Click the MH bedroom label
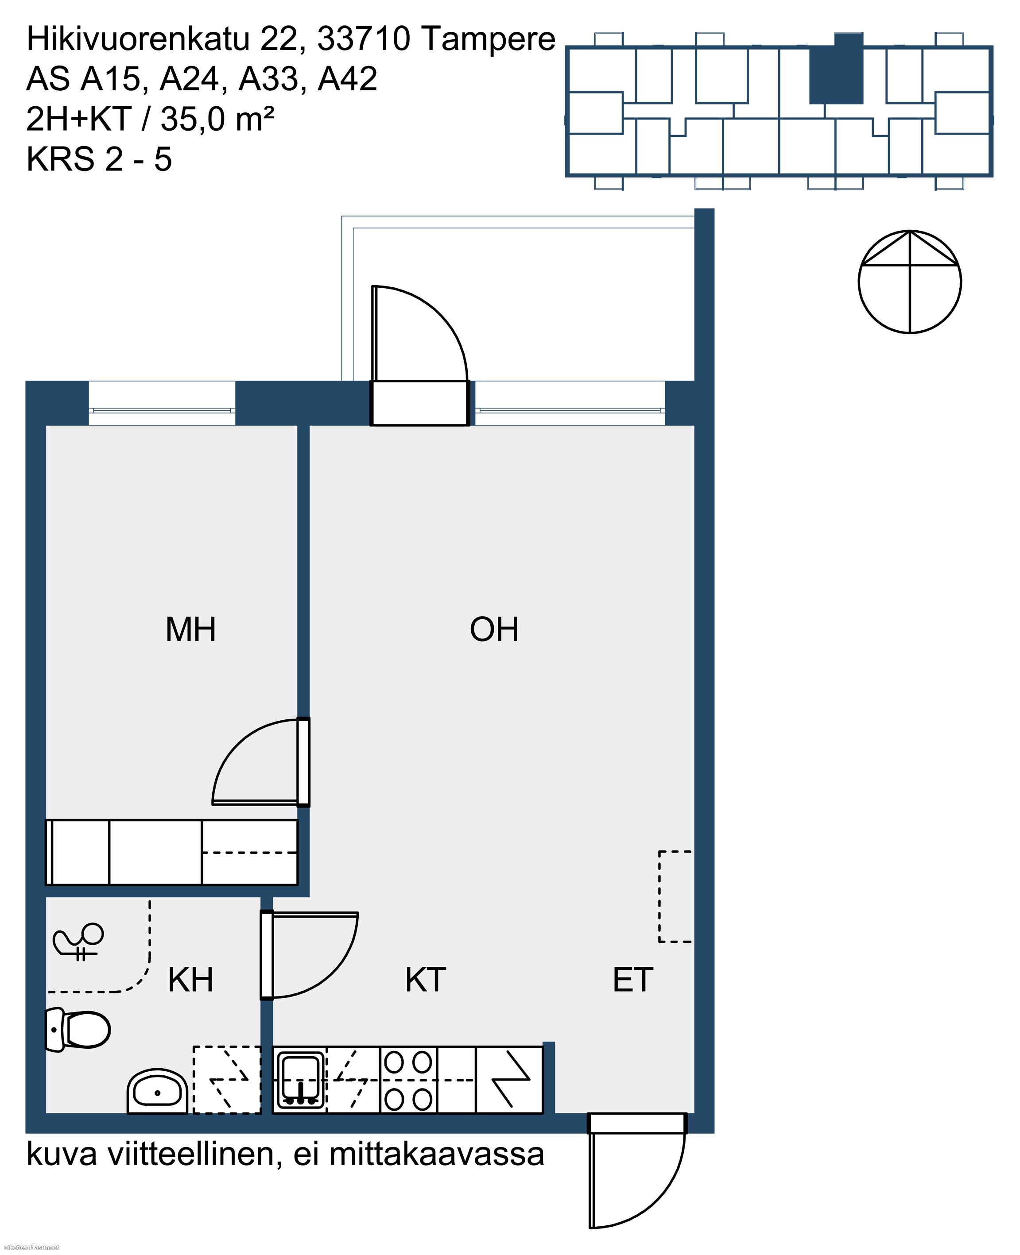[191, 629]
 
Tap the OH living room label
[494, 629]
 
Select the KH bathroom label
[190, 980]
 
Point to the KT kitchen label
[425, 980]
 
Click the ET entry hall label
[633, 980]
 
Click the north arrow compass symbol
[910, 282]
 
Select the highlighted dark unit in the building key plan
[837, 69]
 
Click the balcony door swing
[419, 334]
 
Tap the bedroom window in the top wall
[162, 403]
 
